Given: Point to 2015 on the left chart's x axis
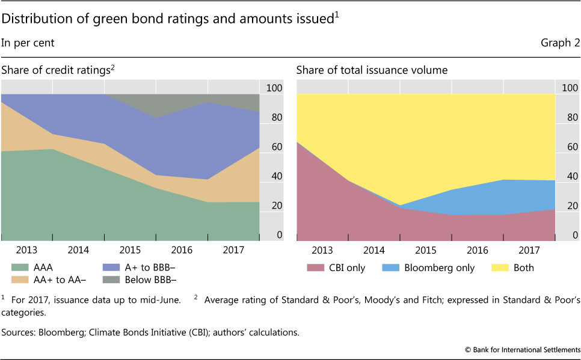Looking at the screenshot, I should tap(130, 249).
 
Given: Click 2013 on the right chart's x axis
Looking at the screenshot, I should tap(323, 249).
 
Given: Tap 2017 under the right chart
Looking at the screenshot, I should tap(529, 249).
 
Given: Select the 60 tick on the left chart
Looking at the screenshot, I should tap(274, 147).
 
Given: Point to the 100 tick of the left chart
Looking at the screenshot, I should tap(274, 88).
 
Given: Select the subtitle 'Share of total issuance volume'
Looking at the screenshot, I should tap(372, 70).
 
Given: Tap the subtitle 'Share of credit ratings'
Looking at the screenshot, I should tap(56, 70).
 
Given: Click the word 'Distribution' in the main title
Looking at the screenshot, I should tap(36, 19).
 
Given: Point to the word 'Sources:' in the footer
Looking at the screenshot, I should tap(20, 331).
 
